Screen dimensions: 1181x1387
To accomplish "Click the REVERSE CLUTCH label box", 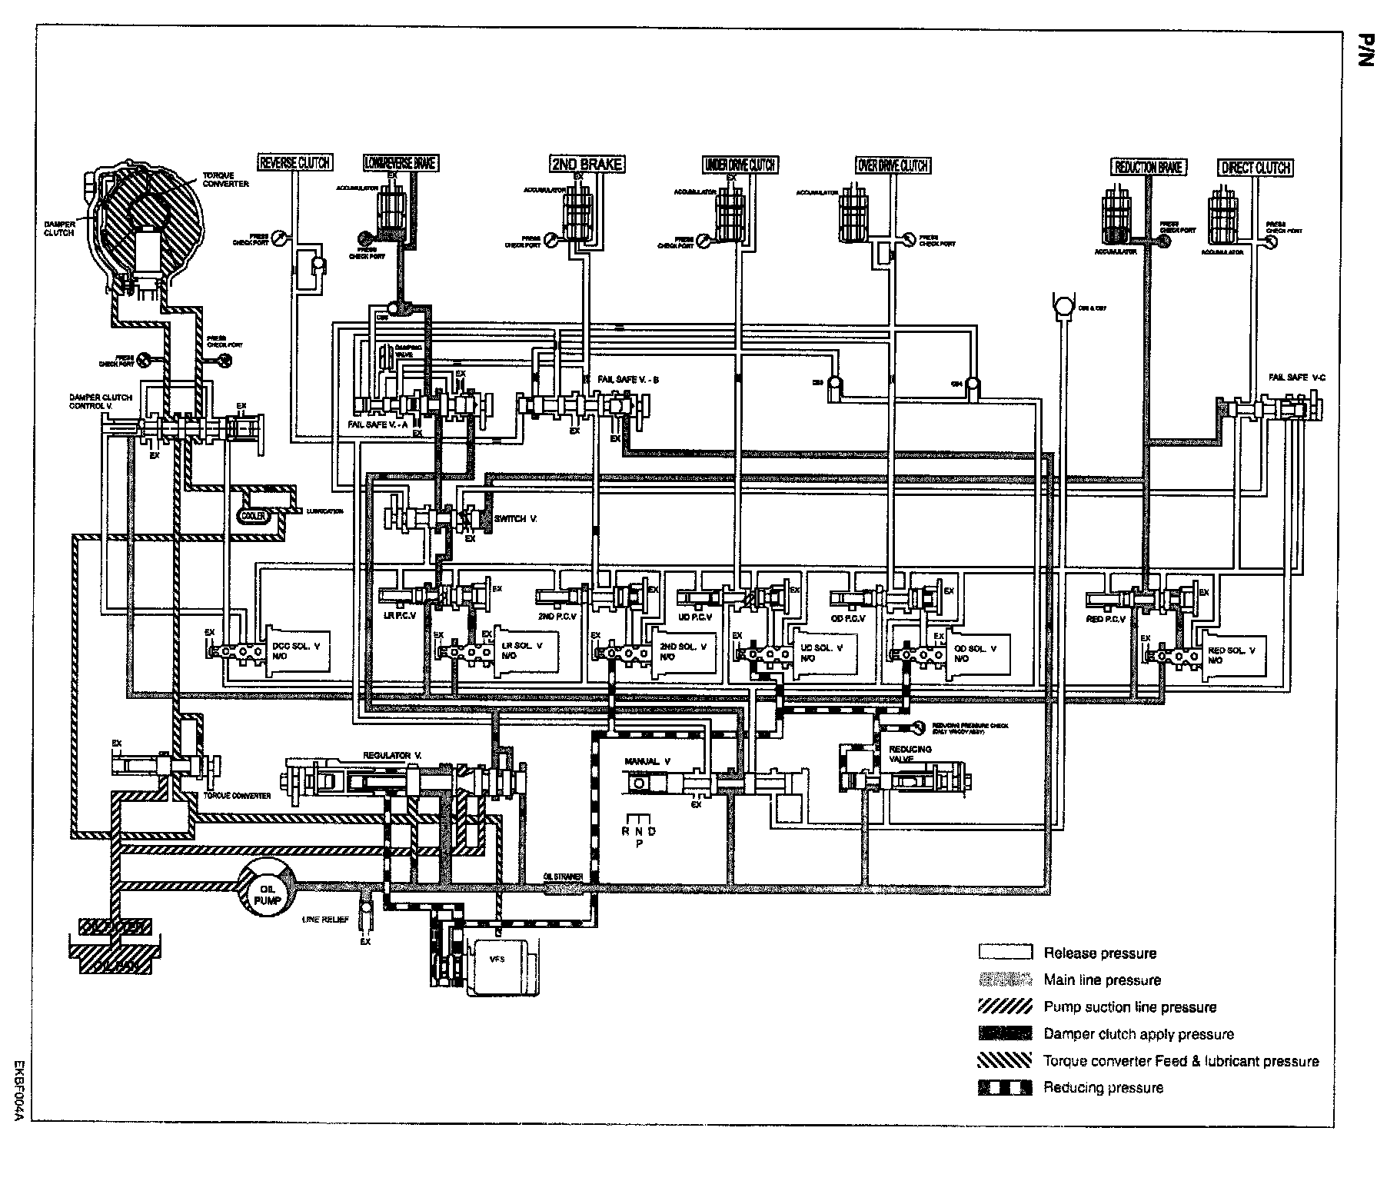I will point(294,162).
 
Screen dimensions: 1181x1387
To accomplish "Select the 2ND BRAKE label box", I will point(586,164).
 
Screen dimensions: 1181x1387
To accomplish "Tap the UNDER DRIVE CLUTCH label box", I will point(740,165).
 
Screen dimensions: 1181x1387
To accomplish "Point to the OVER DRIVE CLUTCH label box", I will point(892,165).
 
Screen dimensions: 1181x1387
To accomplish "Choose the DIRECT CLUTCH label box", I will point(1255,167).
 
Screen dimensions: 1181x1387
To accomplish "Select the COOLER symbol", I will point(254,516).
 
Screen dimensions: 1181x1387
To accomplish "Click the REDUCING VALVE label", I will point(910,754).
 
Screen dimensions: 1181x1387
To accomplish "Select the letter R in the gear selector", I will point(626,831).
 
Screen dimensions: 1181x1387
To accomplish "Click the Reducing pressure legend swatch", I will point(1004,1088).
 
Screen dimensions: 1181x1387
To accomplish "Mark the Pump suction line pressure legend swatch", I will point(1004,1007).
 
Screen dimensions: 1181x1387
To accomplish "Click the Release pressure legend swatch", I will point(1004,953).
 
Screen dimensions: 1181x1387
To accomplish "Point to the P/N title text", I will point(1363,51).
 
